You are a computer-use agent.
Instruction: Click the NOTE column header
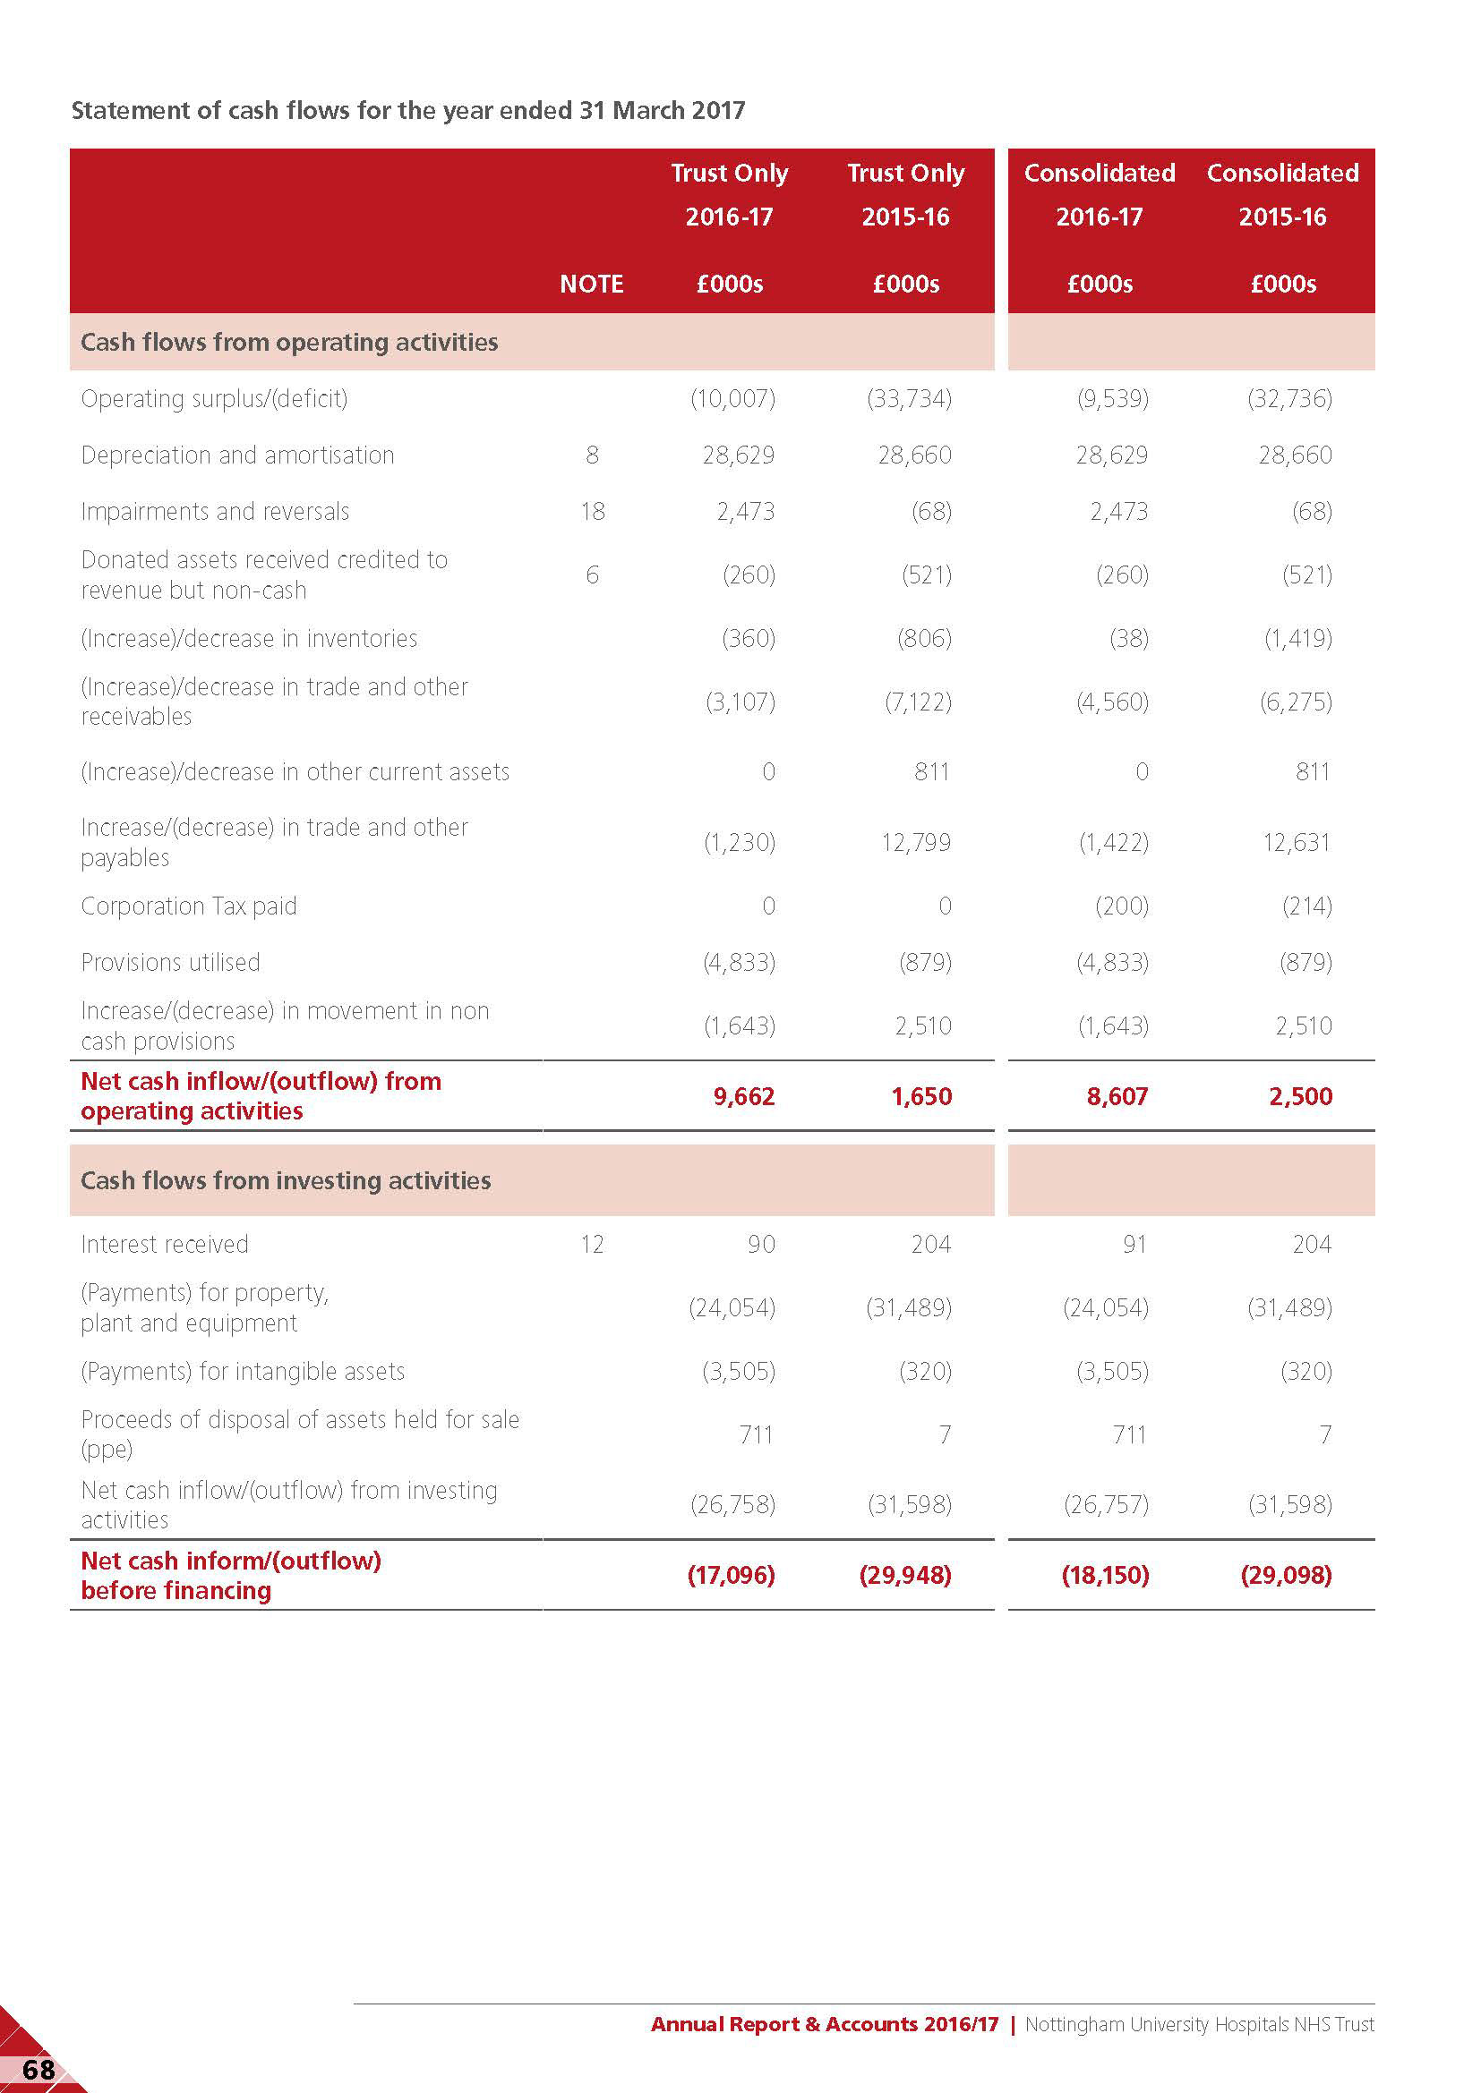pos(591,284)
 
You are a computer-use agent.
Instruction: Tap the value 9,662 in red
pos(743,1096)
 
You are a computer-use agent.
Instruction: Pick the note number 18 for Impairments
pos(592,512)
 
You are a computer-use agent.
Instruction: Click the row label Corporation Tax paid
pos(189,906)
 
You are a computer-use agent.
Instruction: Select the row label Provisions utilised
pos(170,963)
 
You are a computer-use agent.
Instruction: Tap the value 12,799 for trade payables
pos(916,842)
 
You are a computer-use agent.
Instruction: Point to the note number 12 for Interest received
pos(592,1245)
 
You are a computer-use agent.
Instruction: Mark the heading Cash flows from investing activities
pos(286,1180)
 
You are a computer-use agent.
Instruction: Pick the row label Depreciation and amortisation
pos(237,455)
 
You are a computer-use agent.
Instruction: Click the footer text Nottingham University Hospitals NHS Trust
pos(1198,2024)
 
